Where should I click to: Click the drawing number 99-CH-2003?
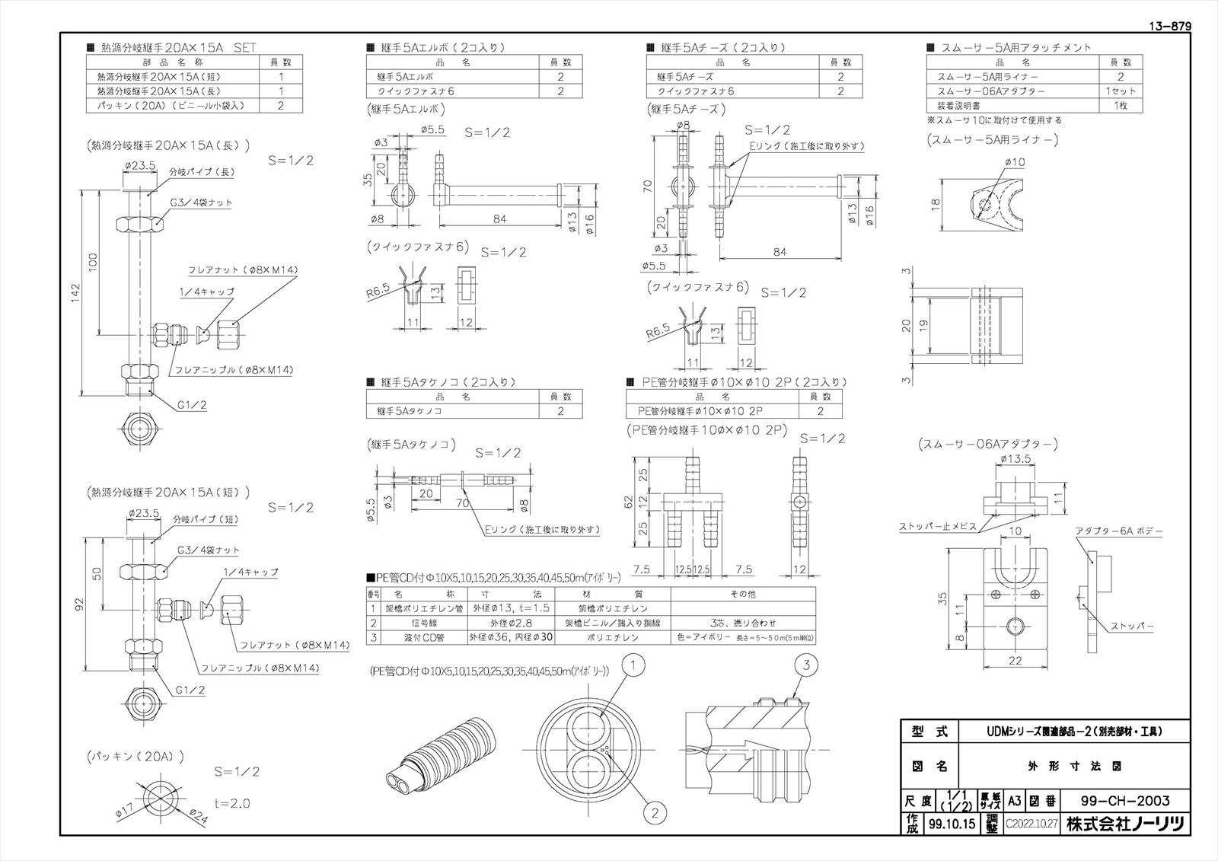[1124, 801]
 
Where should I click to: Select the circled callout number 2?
[655, 813]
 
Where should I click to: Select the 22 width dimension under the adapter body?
[1015, 662]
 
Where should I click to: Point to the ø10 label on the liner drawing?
[1015, 162]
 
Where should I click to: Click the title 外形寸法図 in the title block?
[1074, 767]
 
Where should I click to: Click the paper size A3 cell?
[1014, 801]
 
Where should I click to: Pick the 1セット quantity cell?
[1121, 91]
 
